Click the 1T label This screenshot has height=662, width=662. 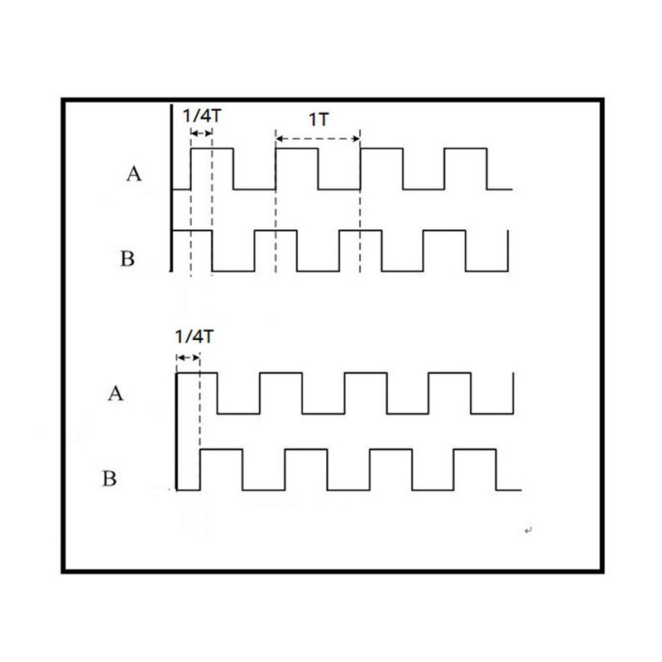pyautogui.click(x=319, y=120)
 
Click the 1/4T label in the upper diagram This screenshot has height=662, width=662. pyautogui.click(x=202, y=115)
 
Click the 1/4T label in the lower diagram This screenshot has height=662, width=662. pyautogui.click(x=194, y=337)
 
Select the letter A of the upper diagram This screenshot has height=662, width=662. pyautogui.click(x=134, y=174)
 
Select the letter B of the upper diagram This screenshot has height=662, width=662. pyautogui.click(x=127, y=258)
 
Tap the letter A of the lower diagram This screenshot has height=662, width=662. pyautogui.click(x=116, y=394)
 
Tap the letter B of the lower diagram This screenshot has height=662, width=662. pyautogui.click(x=109, y=479)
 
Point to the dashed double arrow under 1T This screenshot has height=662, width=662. pyautogui.click(x=318, y=138)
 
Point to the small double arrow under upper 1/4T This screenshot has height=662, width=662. pyautogui.click(x=201, y=133)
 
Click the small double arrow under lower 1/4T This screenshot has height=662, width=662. pyautogui.click(x=188, y=358)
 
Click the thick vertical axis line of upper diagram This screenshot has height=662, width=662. pyautogui.click(x=171, y=188)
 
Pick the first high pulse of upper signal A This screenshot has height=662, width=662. pyautogui.click(x=213, y=149)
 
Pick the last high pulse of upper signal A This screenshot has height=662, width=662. pyautogui.click(x=466, y=149)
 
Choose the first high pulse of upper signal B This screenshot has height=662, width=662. pyautogui.click(x=193, y=231)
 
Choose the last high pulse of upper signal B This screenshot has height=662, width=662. pyautogui.click(x=444, y=231)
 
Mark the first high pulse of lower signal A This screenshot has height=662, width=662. pyautogui.click(x=197, y=373)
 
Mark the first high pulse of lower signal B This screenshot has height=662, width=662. pyautogui.click(x=221, y=450)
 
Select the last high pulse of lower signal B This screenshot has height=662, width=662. pyautogui.click(x=475, y=450)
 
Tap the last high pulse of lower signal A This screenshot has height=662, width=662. pyautogui.click(x=449, y=373)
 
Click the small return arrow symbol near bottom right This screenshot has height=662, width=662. pyautogui.click(x=528, y=530)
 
